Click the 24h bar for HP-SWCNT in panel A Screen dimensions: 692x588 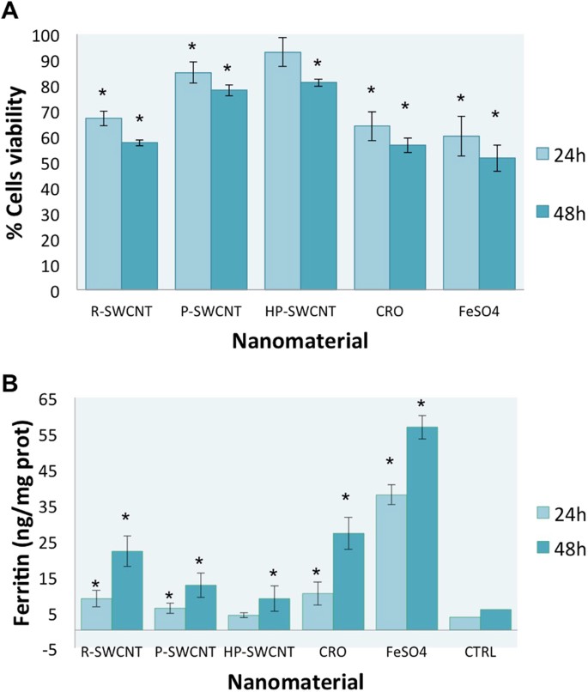coord(282,172)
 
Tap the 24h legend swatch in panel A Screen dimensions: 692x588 coord(532,154)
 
